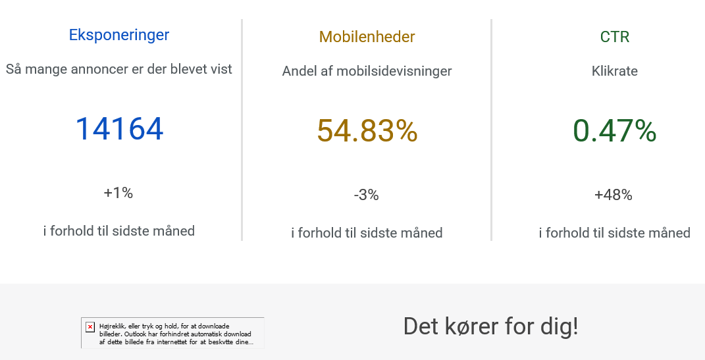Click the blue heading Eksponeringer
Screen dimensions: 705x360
click(119, 35)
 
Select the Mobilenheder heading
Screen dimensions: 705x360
click(367, 37)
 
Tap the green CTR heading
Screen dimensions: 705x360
click(615, 37)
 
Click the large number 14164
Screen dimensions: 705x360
click(119, 129)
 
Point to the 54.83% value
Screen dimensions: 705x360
click(367, 131)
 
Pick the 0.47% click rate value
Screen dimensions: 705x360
click(615, 131)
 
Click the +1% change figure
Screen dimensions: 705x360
click(118, 193)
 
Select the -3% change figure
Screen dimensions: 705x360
click(367, 195)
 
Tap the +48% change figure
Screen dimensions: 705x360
click(614, 195)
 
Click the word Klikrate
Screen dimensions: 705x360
click(615, 71)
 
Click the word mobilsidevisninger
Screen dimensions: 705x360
click(394, 71)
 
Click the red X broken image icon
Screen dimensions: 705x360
click(90, 326)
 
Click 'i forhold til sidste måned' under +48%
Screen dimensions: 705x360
click(615, 233)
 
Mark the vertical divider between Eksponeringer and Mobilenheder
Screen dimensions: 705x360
click(242, 130)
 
